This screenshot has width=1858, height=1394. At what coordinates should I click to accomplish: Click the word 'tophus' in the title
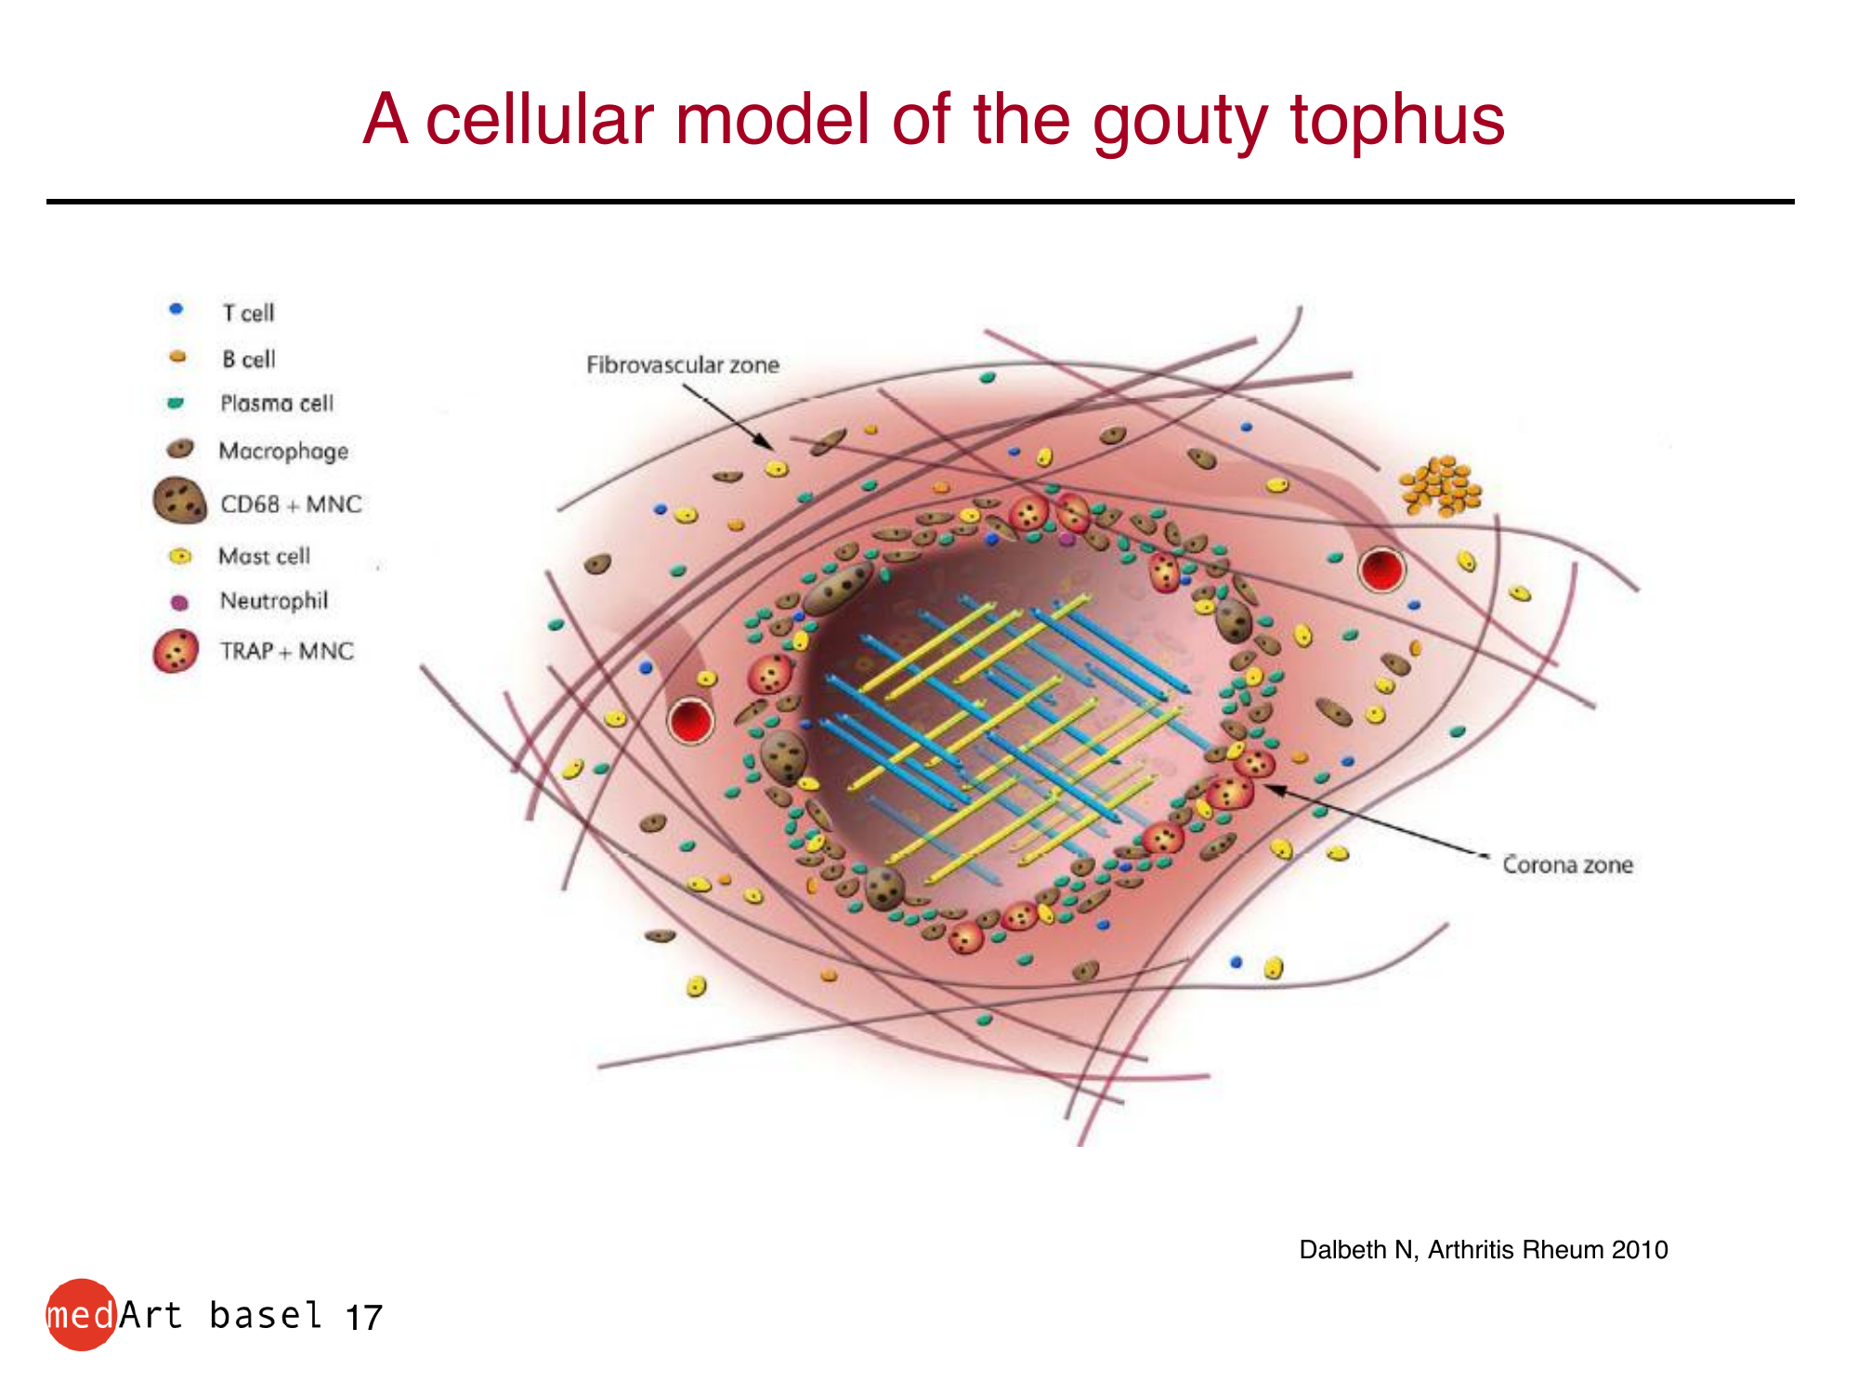pyautogui.click(x=1397, y=121)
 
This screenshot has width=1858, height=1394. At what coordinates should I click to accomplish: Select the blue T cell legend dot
pyautogui.click(x=177, y=309)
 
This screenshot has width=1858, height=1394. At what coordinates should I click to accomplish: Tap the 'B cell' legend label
pyautogui.click(x=248, y=359)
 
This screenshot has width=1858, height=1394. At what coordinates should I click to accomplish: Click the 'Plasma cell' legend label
pyautogui.click(x=277, y=403)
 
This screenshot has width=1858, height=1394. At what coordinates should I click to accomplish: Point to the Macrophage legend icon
pyautogui.click(x=180, y=449)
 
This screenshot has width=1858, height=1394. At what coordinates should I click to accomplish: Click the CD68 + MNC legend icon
pyautogui.click(x=179, y=501)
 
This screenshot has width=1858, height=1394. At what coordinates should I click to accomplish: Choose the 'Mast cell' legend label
pyautogui.click(x=264, y=556)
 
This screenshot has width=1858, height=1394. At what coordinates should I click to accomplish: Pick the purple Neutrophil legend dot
pyautogui.click(x=179, y=602)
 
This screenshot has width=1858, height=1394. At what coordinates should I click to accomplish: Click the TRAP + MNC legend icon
pyautogui.click(x=176, y=651)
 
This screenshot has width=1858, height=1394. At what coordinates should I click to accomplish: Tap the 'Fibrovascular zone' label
pyautogui.click(x=683, y=364)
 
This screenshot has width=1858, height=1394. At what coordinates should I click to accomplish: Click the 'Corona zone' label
pyautogui.click(x=1567, y=864)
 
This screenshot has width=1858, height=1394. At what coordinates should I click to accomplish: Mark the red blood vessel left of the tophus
pyautogui.click(x=690, y=721)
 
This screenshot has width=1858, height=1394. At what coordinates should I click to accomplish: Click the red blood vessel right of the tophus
pyautogui.click(x=1381, y=570)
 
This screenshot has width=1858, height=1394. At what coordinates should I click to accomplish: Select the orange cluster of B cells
pyautogui.click(x=1441, y=485)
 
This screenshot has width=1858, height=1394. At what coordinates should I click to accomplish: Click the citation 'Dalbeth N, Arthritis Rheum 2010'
pyautogui.click(x=1484, y=1250)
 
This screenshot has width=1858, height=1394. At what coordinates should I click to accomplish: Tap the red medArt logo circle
pyautogui.click(x=82, y=1314)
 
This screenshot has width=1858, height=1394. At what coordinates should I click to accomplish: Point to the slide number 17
pyautogui.click(x=363, y=1318)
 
